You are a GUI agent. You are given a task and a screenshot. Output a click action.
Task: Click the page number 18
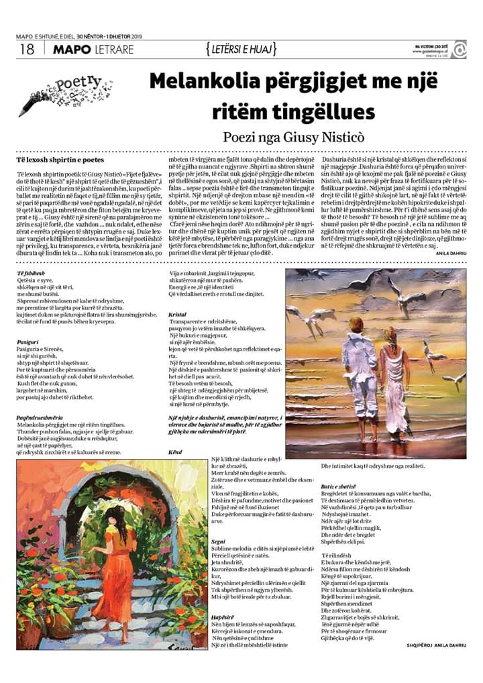coord(27,49)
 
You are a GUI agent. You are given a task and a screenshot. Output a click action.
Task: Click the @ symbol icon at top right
coord(459,49)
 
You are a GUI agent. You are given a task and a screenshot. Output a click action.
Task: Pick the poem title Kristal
coord(178,314)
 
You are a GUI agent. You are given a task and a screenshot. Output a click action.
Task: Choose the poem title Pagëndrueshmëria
coord(44,417)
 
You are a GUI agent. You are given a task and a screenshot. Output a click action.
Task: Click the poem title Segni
coord(218,540)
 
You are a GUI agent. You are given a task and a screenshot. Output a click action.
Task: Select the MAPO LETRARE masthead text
coord(93,49)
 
